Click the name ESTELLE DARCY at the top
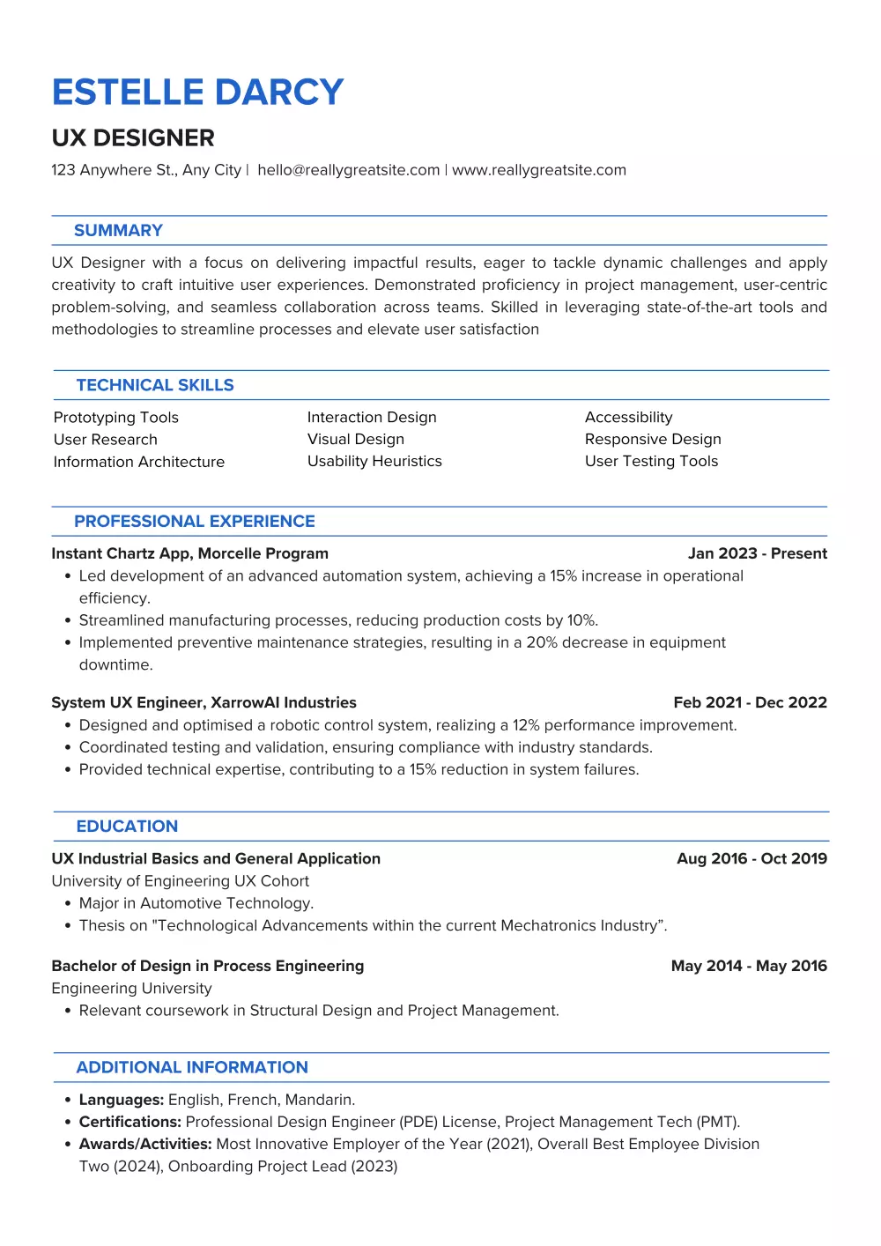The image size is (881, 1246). coord(197,93)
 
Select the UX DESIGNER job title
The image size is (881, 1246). coord(133,138)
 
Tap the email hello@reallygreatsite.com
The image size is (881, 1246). coord(348,170)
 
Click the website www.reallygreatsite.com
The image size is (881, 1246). coord(538,170)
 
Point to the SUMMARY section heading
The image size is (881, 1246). coord(118,231)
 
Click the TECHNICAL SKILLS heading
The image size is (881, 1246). coord(155,385)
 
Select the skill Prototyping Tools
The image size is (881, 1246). coord(115,418)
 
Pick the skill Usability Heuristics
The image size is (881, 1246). coord(374,461)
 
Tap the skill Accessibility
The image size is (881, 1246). coord(628,418)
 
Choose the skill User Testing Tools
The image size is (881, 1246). coord(651,461)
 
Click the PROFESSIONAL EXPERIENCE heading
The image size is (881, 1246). coord(194,522)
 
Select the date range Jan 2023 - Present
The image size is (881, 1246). coord(757,553)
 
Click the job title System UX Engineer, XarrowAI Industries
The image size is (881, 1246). coord(204,702)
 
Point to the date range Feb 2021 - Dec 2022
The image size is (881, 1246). coord(750,702)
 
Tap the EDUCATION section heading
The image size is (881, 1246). coord(127,827)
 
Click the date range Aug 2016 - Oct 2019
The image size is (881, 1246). coord(751,858)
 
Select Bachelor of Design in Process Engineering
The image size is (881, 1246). coord(207,966)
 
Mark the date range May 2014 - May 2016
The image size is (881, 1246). coord(749,966)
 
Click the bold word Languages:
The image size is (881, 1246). coord(122,1100)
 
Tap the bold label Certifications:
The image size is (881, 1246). coord(130,1122)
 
